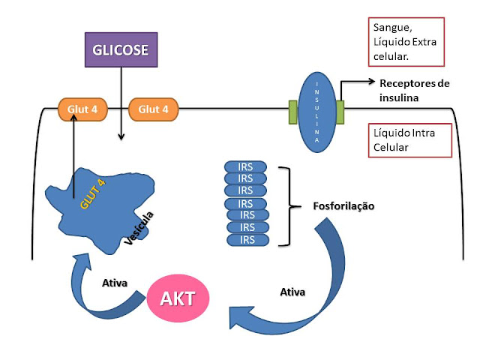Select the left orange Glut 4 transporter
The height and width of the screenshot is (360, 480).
(x=82, y=109)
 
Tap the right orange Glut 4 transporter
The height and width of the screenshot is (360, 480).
(x=154, y=109)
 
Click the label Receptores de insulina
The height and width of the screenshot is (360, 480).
(x=414, y=90)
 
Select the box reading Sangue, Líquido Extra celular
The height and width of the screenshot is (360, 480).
(x=407, y=41)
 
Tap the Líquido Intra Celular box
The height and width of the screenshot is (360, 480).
(x=412, y=139)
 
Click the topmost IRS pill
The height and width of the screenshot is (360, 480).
(x=244, y=166)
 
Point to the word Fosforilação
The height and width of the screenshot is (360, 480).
(x=343, y=205)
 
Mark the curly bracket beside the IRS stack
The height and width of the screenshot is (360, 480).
(x=283, y=205)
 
